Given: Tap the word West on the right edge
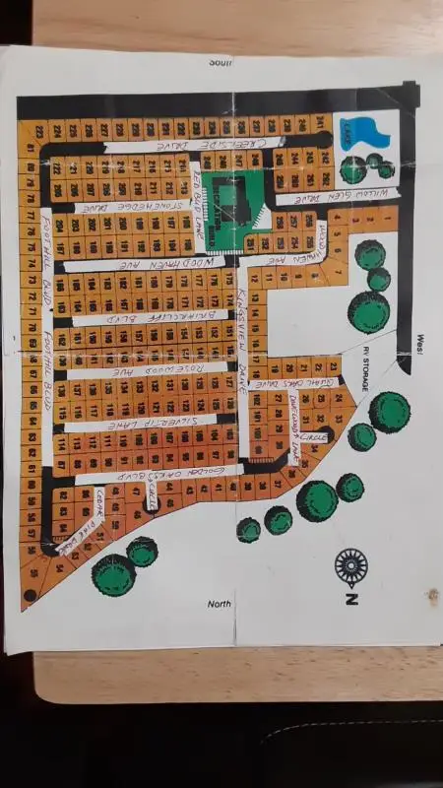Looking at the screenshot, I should coord(427,340).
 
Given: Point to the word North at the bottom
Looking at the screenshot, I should coord(219,603).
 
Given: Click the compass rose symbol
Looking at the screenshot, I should coord(351,566).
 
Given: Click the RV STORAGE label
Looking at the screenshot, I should coord(364,369).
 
